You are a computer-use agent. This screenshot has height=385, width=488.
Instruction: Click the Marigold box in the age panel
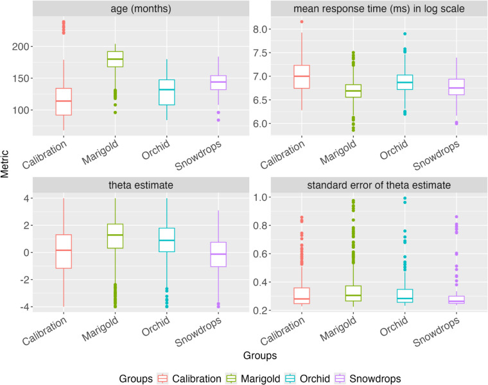coord(115,59)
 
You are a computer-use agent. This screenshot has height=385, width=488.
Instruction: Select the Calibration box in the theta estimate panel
coord(64,252)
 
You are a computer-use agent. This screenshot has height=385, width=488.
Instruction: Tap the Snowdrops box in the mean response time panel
coord(457,87)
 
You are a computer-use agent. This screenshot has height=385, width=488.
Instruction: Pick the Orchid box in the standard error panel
coord(405,296)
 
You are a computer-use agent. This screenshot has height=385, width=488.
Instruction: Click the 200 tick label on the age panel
coord(21,47)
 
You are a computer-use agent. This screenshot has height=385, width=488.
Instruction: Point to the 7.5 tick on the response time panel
coord(260,53)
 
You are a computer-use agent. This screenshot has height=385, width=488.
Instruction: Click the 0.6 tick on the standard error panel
coord(260,253)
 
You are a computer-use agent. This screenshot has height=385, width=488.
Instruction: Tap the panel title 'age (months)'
coord(141,9)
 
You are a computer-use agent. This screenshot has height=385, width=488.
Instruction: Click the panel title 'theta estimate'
coord(141,185)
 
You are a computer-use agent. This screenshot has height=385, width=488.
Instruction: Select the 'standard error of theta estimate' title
coord(379,185)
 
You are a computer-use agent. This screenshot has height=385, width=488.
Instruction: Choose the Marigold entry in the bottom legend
coord(253,379)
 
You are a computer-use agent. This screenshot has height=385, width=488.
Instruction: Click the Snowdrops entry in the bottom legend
coord(368,379)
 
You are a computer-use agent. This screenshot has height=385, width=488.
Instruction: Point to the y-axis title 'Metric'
coord(4,164)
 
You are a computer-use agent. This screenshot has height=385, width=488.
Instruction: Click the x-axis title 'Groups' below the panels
coord(260,355)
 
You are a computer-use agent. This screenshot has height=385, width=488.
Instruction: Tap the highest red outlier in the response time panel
coord(302,22)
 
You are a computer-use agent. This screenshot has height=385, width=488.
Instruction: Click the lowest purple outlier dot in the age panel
coord(218,120)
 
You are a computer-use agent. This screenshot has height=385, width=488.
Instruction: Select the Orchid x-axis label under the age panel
coord(155,149)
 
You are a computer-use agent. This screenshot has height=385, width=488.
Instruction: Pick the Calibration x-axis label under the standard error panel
coord(283,331)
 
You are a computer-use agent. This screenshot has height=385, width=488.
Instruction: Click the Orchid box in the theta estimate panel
coord(166,240)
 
